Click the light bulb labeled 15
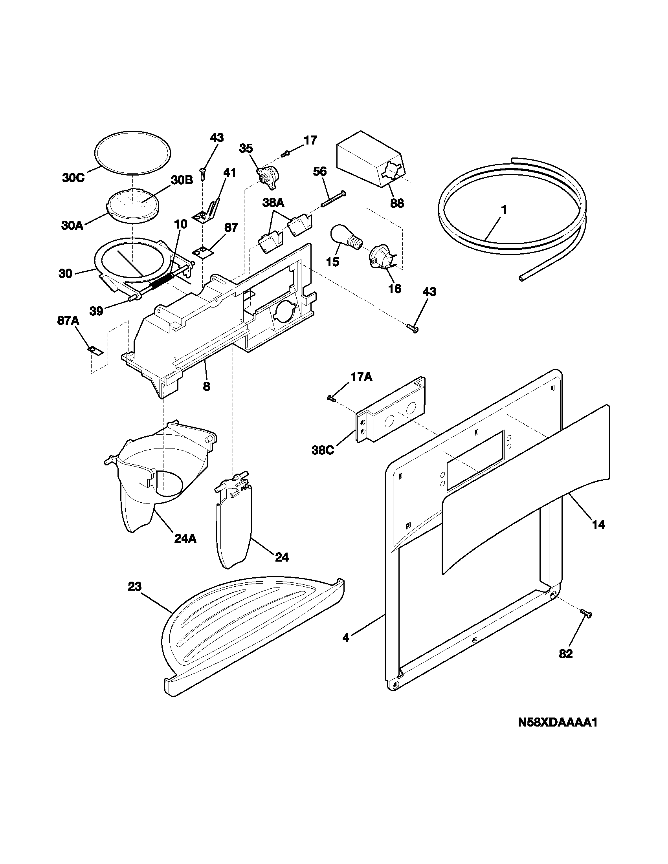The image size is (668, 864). [x=345, y=237]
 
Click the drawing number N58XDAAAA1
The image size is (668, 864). [x=557, y=723]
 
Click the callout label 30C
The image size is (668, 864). [x=73, y=178]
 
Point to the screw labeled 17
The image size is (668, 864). [x=285, y=153]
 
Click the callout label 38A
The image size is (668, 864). [x=273, y=203]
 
